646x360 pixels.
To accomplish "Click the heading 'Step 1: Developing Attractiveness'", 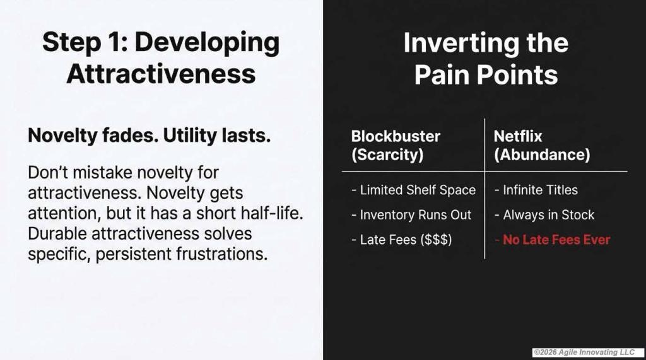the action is (x=161, y=57).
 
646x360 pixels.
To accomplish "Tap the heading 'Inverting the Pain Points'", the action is (x=486, y=59).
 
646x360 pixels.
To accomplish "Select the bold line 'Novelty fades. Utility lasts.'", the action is (x=149, y=136).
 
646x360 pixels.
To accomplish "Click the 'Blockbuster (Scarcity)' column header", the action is (x=396, y=146).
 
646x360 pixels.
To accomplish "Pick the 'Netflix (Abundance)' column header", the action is (x=542, y=146).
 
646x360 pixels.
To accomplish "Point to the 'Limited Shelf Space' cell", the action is (x=414, y=190).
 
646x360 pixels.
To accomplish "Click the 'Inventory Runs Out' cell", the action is (x=411, y=214).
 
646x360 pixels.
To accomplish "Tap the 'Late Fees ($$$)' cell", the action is (x=402, y=240).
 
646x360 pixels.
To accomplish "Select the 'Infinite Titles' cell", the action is (x=536, y=190).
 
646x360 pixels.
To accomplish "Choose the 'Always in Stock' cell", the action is (x=544, y=214).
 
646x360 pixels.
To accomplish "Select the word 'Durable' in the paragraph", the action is (x=57, y=233).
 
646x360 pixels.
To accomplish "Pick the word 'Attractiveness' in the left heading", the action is (x=161, y=74).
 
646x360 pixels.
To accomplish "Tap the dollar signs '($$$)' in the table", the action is (x=436, y=240).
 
